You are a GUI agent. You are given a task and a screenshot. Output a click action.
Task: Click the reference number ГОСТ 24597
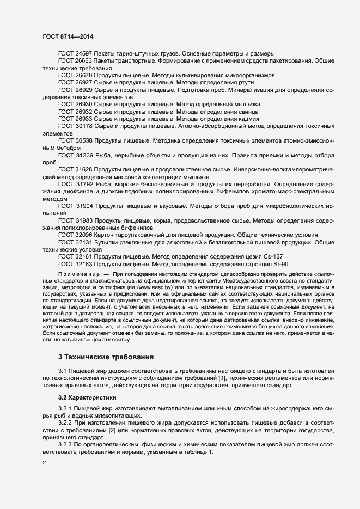pyautogui.click(x=75, y=54)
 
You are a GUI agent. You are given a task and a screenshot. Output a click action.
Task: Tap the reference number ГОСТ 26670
pyautogui.click(x=75, y=75)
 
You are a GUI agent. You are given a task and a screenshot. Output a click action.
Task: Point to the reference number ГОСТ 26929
pyautogui.click(x=75, y=89)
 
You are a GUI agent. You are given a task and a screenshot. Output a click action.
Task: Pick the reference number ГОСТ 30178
pyautogui.click(x=75, y=125)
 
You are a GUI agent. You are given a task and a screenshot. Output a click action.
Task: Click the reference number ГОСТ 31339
pyautogui.click(x=75, y=154)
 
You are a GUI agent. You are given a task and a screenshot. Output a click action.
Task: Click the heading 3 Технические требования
pyautogui.click(x=106, y=357)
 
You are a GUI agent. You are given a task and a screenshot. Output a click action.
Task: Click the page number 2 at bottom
pyautogui.click(x=44, y=463)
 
